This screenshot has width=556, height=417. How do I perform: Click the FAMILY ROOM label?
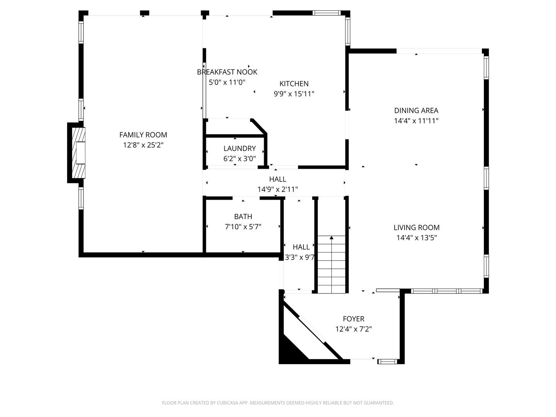pyautogui.click(x=143, y=135)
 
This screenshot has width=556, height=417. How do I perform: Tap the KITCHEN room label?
pyautogui.click(x=294, y=83)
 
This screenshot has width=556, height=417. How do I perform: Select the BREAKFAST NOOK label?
pyautogui.click(x=227, y=72)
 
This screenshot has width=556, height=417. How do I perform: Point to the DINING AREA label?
pyautogui.click(x=416, y=110)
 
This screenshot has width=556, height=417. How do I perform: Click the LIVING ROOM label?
pyautogui.click(x=417, y=227)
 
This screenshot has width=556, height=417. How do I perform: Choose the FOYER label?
pyautogui.click(x=354, y=319)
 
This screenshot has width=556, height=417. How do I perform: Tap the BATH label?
pyautogui.click(x=243, y=217)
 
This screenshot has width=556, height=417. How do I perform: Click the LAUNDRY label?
pyautogui.click(x=239, y=148)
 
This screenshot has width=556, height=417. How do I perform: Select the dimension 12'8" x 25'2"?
pyautogui.click(x=143, y=145)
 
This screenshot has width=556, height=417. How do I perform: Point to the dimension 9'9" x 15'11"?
pyautogui.click(x=294, y=94)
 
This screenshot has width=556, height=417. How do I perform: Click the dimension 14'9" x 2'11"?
pyautogui.click(x=278, y=189)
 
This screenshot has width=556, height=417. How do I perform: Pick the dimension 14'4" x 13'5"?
pyautogui.click(x=417, y=238)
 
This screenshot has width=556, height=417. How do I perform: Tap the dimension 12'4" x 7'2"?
pyautogui.click(x=354, y=329)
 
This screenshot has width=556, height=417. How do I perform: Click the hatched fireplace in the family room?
pyautogui.click(x=78, y=153)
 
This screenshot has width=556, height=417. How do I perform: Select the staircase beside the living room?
pyautogui.click(x=331, y=264)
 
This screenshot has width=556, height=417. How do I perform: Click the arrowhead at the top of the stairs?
pyautogui.click(x=331, y=237)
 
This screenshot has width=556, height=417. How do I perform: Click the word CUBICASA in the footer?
pyautogui.click(x=228, y=403)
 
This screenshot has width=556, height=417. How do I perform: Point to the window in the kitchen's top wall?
pyautogui.click(x=326, y=13)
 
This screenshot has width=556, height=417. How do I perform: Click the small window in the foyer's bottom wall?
pyautogui.click(x=387, y=361)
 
